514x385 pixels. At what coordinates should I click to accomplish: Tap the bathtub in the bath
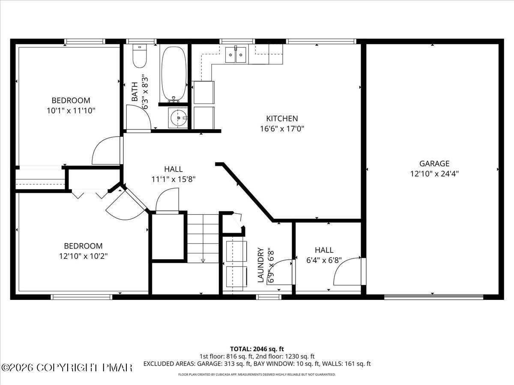(x=173, y=73)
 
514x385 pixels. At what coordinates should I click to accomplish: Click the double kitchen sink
(x=236, y=54)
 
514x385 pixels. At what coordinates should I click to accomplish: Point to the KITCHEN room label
(x=282, y=118)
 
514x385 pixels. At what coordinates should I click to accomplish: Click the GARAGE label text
(x=434, y=163)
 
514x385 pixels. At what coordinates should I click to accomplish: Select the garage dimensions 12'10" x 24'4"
(x=434, y=174)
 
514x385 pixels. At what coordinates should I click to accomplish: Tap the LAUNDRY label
(x=260, y=265)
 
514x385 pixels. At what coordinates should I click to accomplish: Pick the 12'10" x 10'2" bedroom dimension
(x=83, y=256)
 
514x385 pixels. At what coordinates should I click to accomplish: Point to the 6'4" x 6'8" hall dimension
(x=324, y=260)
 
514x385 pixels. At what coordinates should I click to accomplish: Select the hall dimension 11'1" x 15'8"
(x=173, y=179)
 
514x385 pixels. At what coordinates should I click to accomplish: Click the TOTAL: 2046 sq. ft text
(x=257, y=349)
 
